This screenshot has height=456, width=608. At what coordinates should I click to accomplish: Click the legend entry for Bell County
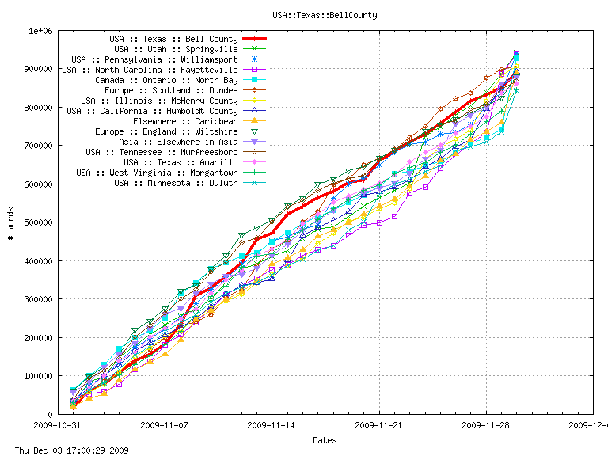pyautogui.click(x=173, y=39)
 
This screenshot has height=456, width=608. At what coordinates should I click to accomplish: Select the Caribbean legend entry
pyautogui.click(x=185, y=121)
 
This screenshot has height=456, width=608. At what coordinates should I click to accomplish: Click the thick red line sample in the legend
pyautogui.click(x=254, y=39)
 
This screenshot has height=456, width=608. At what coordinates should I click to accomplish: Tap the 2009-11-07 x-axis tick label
pyautogui.click(x=165, y=425)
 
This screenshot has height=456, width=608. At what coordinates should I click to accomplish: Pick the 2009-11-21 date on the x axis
pyautogui.click(x=379, y=425)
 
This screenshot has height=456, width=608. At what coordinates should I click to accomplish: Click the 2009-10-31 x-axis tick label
pyautogui.click(x=57, y=425)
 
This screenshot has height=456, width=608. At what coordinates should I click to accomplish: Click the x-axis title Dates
pyautogui.click(x=324, y=440)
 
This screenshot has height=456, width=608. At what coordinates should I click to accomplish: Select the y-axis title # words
pyautogui.click(x=11, y=223)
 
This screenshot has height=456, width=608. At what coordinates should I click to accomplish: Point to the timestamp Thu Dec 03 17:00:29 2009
pyautogui.click(x=66, y=450)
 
